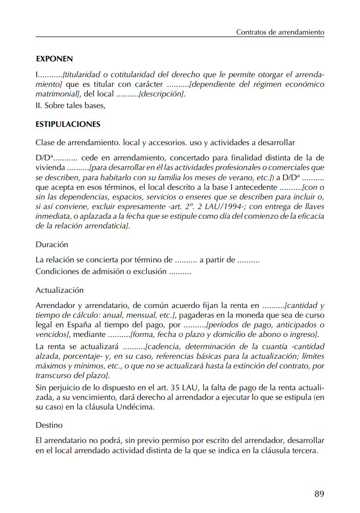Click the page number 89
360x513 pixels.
click(x=319, y=493)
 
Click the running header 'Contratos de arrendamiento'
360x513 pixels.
click(x=280, y=31)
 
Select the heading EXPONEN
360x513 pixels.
click(x=54, y=59)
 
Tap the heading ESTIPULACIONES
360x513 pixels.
click(x=68, y=124)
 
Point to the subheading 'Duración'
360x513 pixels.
click(x=52, y=244)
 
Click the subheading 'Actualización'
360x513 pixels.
click(x=59, y=290)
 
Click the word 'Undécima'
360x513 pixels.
click(x=149, y=407)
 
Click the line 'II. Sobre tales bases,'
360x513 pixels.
click(x=70, y=106)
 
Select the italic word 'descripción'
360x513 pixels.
click(x=161, y=94)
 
